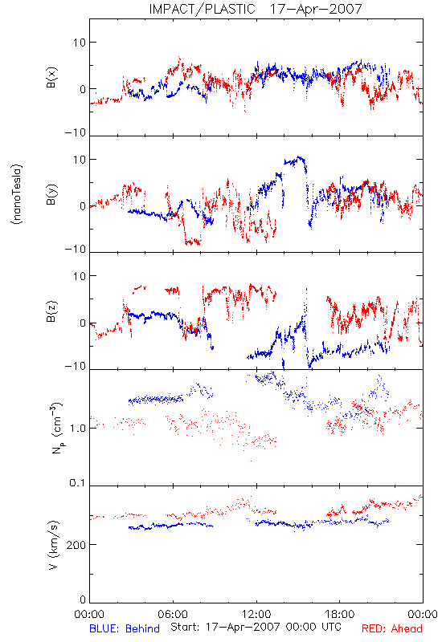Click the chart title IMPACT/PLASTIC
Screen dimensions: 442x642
coord(203,9)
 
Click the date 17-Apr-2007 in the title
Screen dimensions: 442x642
coord(316,9)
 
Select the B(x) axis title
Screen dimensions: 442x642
coord(51,77)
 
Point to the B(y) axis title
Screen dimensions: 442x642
coord(51,194)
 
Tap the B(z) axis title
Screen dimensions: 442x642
coord(51,311)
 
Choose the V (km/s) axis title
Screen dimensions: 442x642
coord(53,545)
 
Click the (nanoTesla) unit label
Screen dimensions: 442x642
coord(17,194)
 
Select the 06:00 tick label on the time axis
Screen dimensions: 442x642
coord(173,614)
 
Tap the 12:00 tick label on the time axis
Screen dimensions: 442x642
coord(256,614)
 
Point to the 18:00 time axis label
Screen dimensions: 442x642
coord(340,614)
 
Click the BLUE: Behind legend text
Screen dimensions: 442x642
coord(125,629)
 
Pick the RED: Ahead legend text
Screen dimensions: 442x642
coord(391,629)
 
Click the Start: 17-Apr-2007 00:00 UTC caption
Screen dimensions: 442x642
coord(256,627)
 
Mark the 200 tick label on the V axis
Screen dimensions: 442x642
coord(76,545)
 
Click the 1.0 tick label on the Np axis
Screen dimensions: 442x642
coord(78,429)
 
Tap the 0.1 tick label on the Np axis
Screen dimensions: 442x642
coord(78,483)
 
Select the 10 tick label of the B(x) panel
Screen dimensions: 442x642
coord(80,43)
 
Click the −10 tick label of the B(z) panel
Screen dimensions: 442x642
coord(76,366)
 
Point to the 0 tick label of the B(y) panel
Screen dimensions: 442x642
coord(83,206)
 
